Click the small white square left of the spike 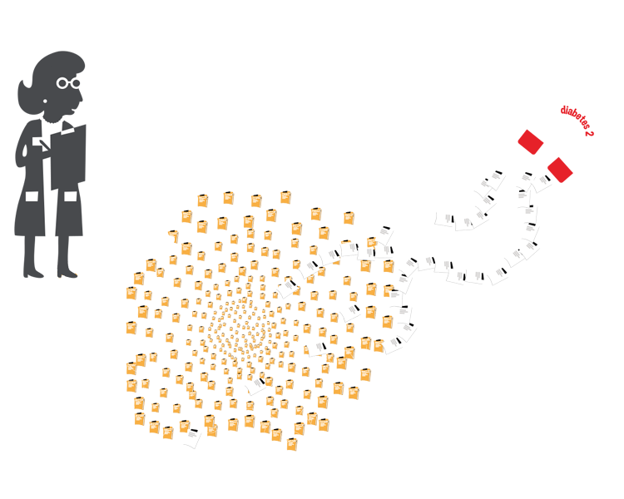point(32,197)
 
